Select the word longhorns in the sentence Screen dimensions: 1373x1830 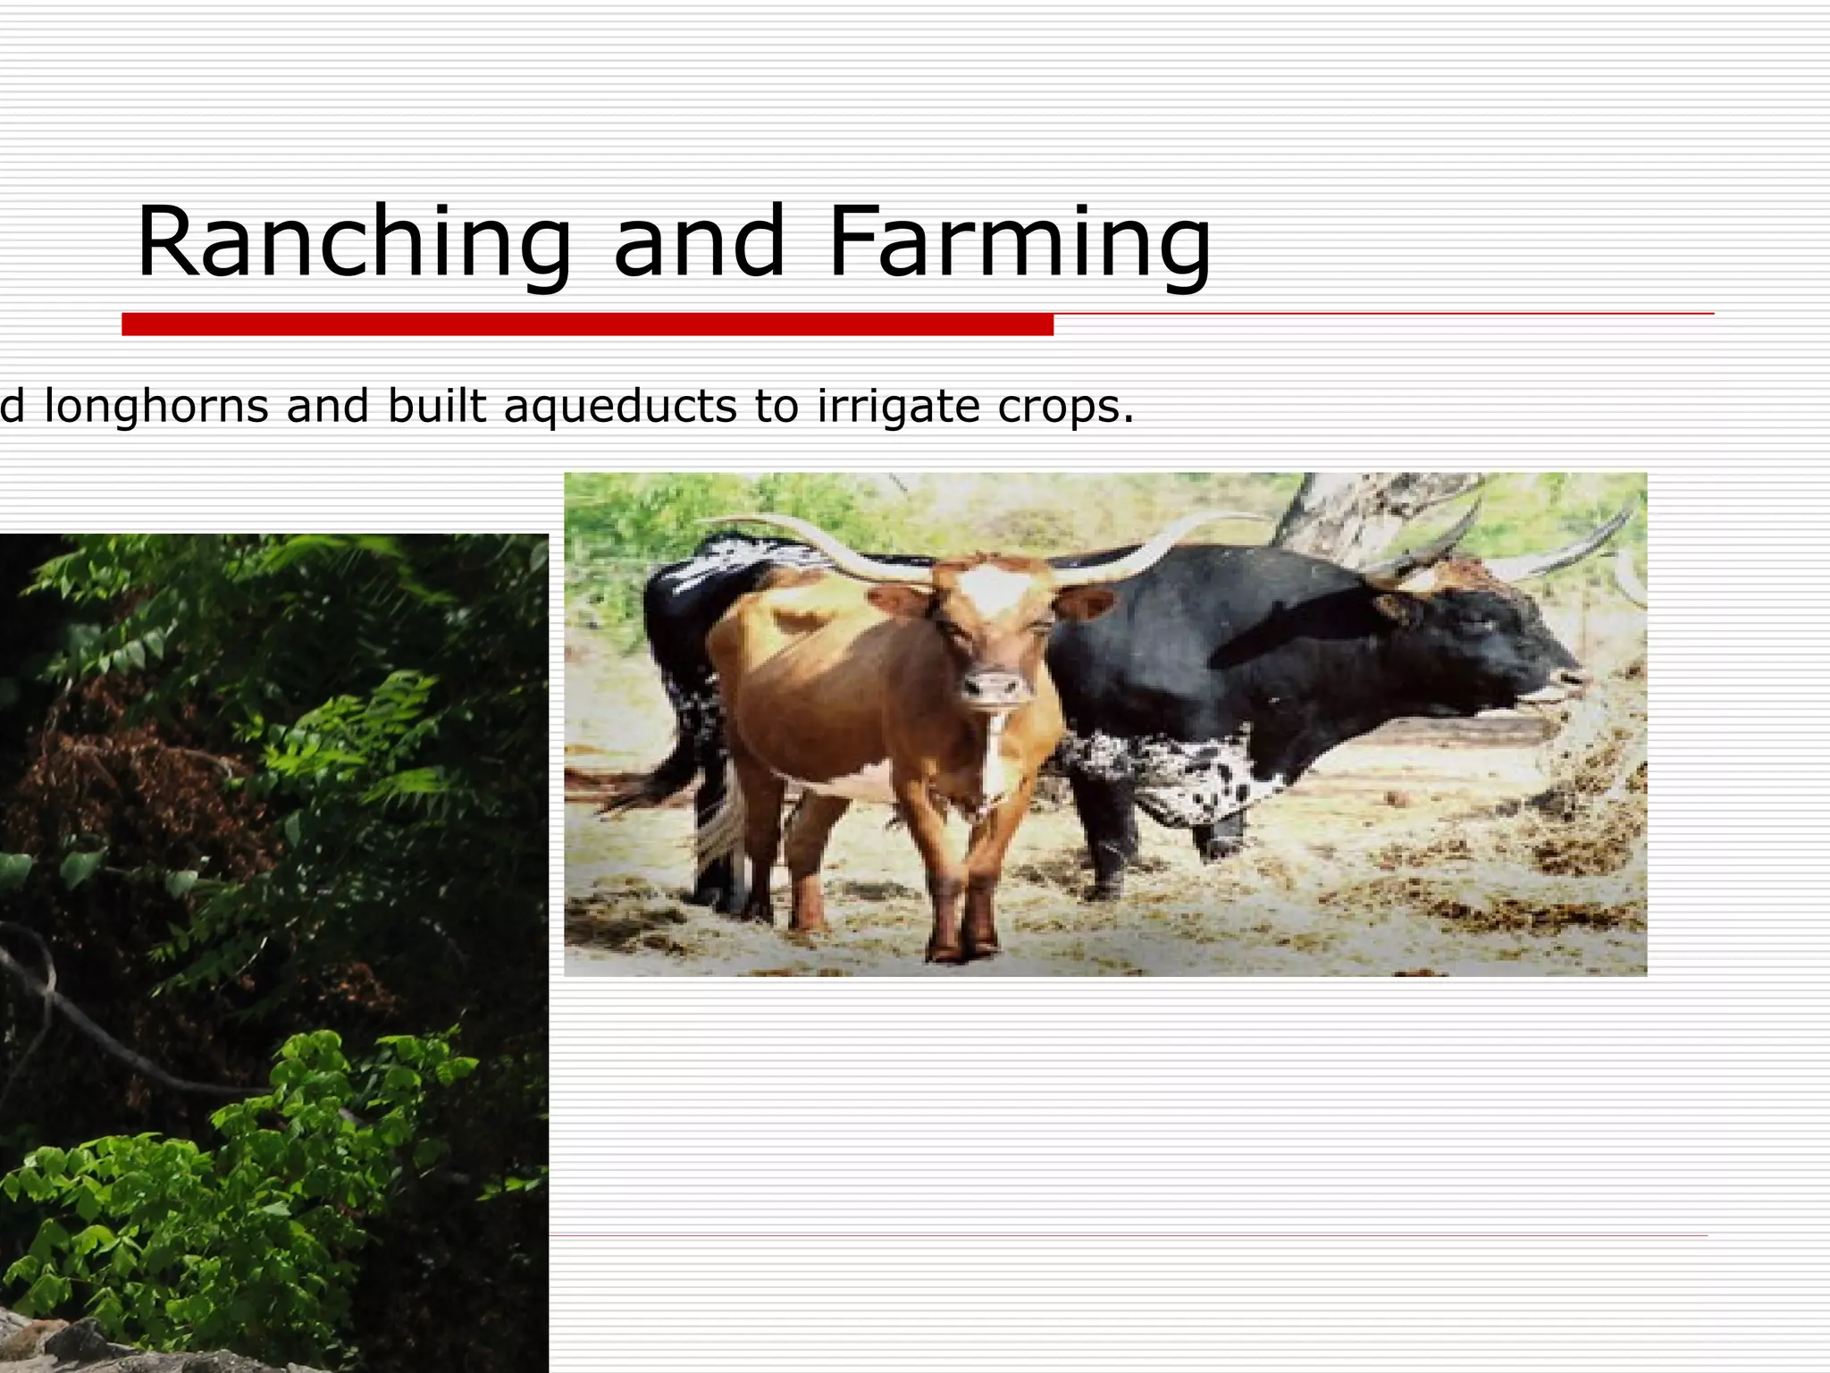click(x=156, y=408)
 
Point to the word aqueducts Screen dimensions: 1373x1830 click(x=621, y=408)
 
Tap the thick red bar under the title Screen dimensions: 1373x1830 click(x=587, y=324)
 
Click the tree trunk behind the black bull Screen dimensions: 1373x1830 click(x=1322, y=510)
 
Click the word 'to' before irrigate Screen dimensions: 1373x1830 click(x=774, y=408)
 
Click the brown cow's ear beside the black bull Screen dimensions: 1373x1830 click(x=1086, y=603)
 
